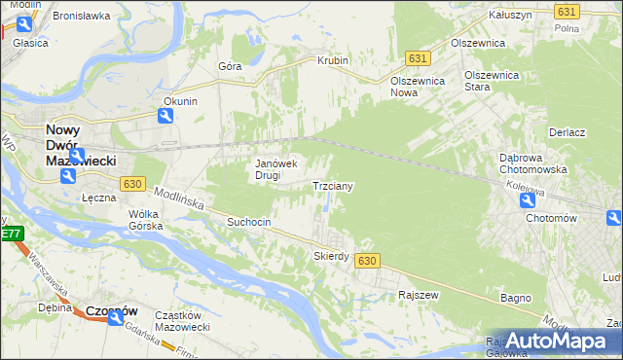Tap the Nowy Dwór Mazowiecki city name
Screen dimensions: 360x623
(x=82, y=143)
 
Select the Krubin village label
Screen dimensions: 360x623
(x=332, y=60)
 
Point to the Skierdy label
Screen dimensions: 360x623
(x=331, y=256)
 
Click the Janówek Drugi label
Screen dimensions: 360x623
(x=275, y=169)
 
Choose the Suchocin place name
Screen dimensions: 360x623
(x=248, y=222)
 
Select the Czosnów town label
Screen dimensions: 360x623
(x=112, y=310)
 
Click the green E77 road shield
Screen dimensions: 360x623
(x=11, y=234)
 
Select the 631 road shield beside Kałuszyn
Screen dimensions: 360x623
(x=568, y=11)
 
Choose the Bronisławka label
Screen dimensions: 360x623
(x=79, y=17)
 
